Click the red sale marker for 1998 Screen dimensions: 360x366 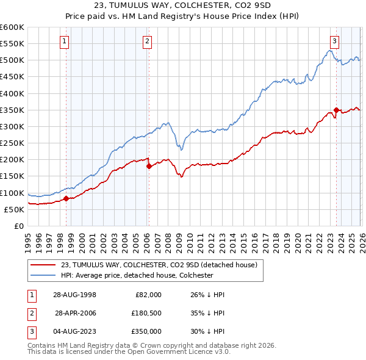click(x=66, y=198)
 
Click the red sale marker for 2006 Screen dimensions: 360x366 click(x=148, y=165)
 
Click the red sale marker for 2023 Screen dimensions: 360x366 click(x=336, y=110)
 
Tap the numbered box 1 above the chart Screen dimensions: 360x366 click(x=65, y=41)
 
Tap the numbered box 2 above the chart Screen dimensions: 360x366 click(x=148, y=41)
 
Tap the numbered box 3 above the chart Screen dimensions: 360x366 click(x=334, y=41)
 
